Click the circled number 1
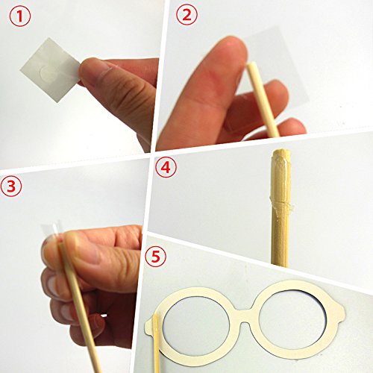[20, 16]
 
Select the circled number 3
[11, 186]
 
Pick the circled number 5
[156, 257]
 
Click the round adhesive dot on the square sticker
[49, 73]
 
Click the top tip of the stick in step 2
[251, 65]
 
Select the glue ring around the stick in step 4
[282, 204]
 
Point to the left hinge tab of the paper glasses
[148, 326]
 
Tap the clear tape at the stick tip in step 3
[51, 231]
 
